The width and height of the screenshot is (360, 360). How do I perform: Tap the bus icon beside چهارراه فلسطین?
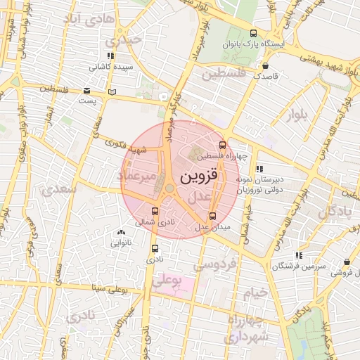(223, 146)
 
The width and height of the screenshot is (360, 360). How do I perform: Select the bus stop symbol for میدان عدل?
(213, 216)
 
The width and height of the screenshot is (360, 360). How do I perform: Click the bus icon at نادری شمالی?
(155, 211)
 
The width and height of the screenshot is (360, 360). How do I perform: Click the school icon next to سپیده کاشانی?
(110, 56)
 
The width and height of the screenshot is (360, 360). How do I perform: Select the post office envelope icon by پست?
(87, 91)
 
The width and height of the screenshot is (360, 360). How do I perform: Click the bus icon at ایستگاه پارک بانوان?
(254, 33)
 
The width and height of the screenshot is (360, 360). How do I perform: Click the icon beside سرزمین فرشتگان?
(299, 255)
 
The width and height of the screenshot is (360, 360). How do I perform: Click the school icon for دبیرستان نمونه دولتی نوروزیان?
(260, 169)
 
